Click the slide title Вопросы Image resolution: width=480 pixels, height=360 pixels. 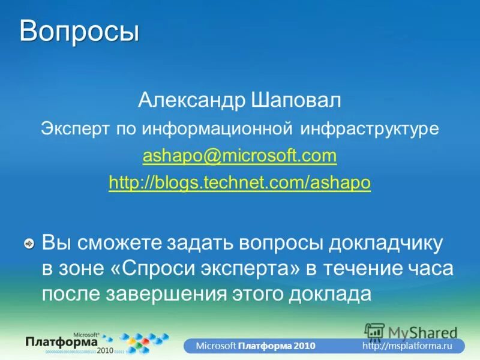pyautogui.click(x=79, y=31)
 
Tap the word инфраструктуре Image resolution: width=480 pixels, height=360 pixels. pyautogui.click(x=370, y=128)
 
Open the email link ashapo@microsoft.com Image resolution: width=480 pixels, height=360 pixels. pyautogui.click(x=239, y=157)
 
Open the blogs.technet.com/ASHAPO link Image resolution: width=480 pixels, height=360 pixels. pyautogui.click(x=239, y=182)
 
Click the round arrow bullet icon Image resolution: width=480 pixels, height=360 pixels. pyautogui.click(x=28, y=244)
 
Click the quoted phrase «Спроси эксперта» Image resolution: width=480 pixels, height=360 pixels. pyautogui.click(x=205, y=269)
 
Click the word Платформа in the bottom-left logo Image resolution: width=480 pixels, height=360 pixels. pyautogui.click(x=62, y=341)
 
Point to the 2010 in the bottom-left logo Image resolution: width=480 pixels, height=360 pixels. pyautogui.click(x=106, y=350)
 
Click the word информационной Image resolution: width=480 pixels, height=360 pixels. pyautogui.click(x=218, y=128)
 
